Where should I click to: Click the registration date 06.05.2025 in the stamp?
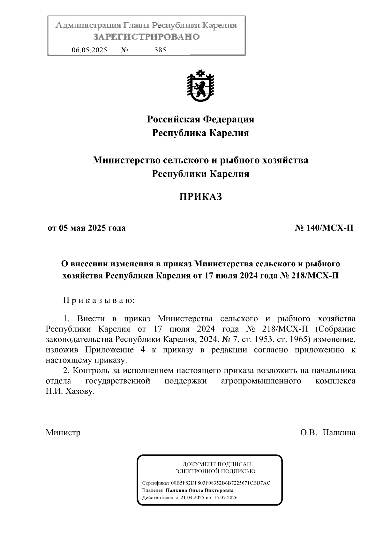pyautogui.click(x=89, y=50)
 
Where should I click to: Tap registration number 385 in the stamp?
pyautogui.click(x=160, y=50)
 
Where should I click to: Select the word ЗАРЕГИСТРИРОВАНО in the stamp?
pyautogui.click(x=146, y=37)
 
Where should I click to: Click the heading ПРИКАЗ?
pyautogui.click(x=200, y=197)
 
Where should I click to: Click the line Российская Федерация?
pyautogui.click(x=200, y=119)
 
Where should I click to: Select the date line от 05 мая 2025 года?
pyautogui.click(x=86, y=228)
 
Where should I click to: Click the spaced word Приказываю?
pyautogui.click(x=99, y=301)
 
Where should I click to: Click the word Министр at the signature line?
pyautogui.click(x=63, y=433)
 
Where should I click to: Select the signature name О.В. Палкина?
pyautogui.click(x=327, y=433)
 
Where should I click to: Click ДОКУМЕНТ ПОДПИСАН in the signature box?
pyautogui.click(x=217, y=464)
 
